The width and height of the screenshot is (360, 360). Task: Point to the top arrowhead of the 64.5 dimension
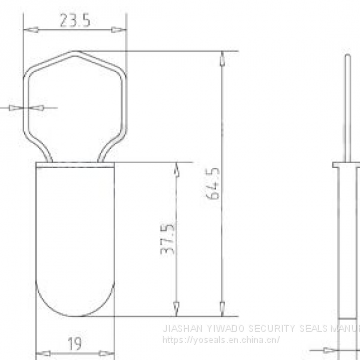pos(219,52)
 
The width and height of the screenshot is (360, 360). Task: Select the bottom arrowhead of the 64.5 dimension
pos(219,309)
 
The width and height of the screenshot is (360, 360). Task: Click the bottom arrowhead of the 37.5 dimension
pos(177,309)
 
